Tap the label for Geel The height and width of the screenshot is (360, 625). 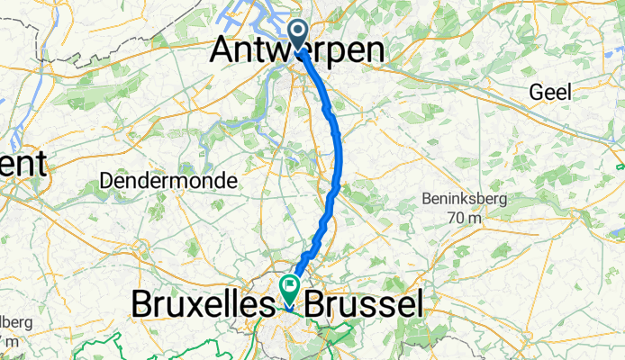pyautogui.click(x=549, y=92)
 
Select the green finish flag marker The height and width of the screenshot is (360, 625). pyautogui.click(x=290, y=288)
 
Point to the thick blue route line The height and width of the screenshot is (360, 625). pyautogui.click(x=338, y=153)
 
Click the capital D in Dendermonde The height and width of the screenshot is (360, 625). pyautogui.click(x=106, y=180)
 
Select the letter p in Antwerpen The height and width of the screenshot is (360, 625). pyautogui.click(x=333, y=53)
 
